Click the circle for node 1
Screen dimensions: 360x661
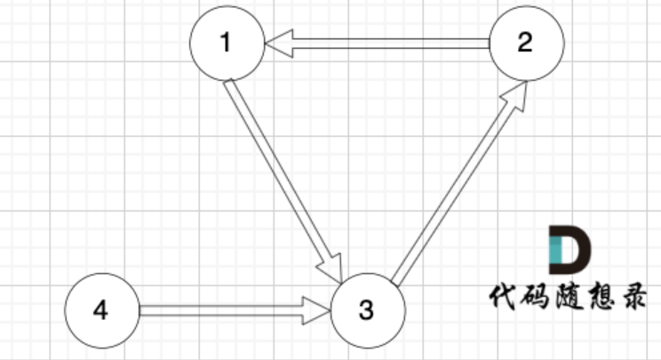227,44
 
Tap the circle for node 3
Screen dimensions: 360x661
368,310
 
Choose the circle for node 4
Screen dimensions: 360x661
102,310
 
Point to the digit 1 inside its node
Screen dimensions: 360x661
227,44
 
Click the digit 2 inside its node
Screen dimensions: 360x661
525,44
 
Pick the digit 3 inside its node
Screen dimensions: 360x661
367,310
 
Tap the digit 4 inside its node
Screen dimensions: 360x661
100,310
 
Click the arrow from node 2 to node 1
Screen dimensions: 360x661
382,44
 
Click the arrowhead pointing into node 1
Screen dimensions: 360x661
277,44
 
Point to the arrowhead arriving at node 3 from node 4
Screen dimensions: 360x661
316,310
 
